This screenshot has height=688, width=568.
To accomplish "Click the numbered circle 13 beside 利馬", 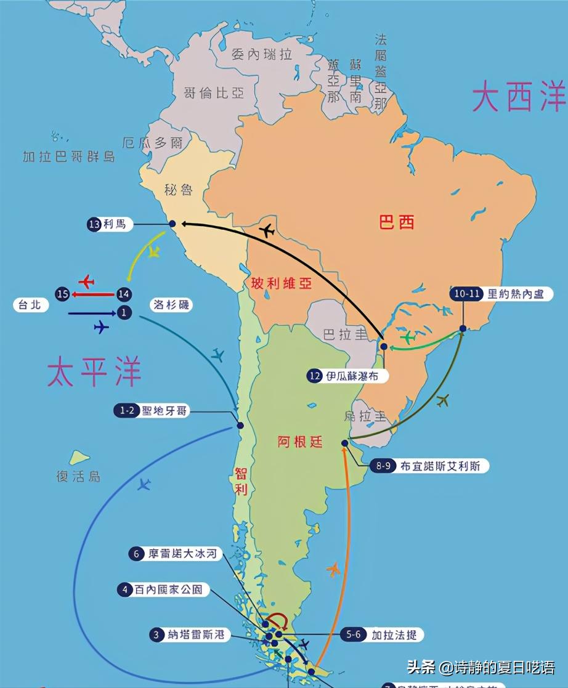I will tap(94, 225).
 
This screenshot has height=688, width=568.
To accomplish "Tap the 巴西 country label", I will tap(396, 222).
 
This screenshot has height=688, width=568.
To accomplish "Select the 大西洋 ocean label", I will tap(518, 97).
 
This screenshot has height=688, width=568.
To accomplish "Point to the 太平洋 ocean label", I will tap(94, 372).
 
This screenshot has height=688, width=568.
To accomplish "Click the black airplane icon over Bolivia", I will tap(267, 232).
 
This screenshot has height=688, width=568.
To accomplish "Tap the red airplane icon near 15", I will tap(86, 281).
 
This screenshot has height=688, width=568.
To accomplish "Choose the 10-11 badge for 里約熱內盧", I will tap(466, 294).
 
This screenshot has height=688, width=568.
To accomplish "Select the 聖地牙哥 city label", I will tap(163, 411).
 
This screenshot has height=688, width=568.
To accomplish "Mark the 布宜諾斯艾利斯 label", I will tap(440, 466).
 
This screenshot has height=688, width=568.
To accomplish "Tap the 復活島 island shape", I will tap(79, 458).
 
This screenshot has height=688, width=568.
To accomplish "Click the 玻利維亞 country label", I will tap(282, 283).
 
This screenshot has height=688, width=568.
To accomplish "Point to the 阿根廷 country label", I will tap(299, 442).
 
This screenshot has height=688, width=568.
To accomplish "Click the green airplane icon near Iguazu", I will tap(408, 337).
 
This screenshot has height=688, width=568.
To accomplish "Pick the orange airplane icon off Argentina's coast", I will tap(334, 570).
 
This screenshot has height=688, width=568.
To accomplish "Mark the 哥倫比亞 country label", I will tap(213, 93).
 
